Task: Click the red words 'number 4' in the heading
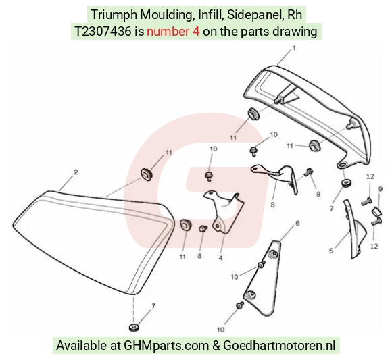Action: point(173,32)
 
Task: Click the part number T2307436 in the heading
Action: point(103,32)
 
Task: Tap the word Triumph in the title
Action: point(114,14)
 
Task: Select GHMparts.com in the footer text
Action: point(166,346)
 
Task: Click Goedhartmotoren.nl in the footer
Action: point(279,346)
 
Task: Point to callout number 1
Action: point(294,48)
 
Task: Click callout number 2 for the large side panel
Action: point(76,172)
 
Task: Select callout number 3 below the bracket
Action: point(273,205)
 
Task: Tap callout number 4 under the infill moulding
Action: point(220,257)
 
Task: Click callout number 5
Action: point(331,251)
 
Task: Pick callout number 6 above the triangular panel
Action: point(297,223)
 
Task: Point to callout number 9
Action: point(381,189)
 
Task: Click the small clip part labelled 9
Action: point(376,212)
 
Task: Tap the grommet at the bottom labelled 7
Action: point(134,328)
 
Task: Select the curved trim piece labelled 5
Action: point(355,229)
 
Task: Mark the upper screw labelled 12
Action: point(366,201)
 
